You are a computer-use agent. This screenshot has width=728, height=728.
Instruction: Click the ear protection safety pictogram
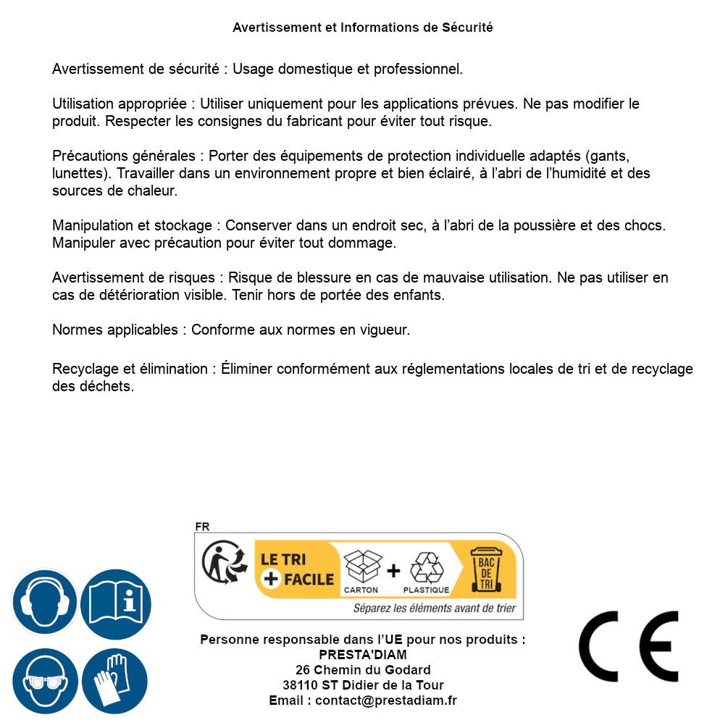[45, 602]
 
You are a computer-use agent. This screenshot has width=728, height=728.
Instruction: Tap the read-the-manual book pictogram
[115, 602]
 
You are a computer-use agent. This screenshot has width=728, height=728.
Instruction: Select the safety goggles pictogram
[45, 681]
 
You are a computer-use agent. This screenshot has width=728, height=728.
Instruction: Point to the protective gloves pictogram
[115, 681]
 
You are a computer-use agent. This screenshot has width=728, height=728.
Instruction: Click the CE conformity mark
[629, 647]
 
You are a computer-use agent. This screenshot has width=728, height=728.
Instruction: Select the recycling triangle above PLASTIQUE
[426, 567]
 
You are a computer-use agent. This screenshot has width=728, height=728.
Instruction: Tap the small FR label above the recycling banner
[202, 527]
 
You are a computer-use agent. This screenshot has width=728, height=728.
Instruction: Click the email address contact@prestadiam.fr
[386, 700]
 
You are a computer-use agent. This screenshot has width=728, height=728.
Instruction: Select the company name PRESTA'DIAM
[363, 655]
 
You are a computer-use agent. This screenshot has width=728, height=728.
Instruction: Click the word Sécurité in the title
[466, 28]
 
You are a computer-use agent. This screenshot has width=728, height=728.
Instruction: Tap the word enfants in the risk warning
[417, 296]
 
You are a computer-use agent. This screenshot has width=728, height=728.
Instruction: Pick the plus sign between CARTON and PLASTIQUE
[393, 570]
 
